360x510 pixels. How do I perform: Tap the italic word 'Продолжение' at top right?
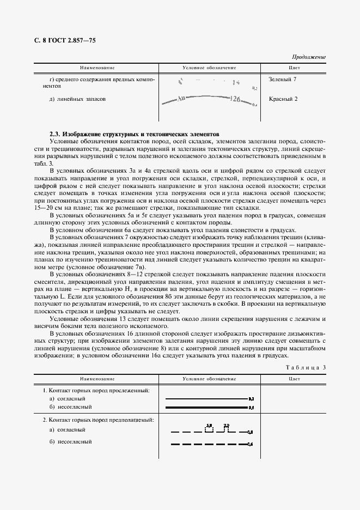click(x=308, y=57)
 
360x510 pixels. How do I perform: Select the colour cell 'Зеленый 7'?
click(x=283, y=80)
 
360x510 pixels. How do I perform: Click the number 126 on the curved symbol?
click(x=235, y=99)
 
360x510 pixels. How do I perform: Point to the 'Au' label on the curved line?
click(x=182, y=99)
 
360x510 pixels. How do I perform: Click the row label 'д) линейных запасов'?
click(x=77, y=99)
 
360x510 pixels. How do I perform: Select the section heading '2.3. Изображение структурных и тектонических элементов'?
click(x=134, y=133)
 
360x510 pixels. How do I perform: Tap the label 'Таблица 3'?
click(x=306, y=367)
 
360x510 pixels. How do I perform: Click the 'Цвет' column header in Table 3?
click(x=294, y=378)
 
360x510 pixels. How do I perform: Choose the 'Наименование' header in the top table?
click(x=97, y=68)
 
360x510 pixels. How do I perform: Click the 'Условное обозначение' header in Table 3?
click(x=209, y=378)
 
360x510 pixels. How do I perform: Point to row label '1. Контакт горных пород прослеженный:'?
click(x=96, y=391)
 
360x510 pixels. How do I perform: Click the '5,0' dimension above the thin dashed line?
click(x=209, y=424)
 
